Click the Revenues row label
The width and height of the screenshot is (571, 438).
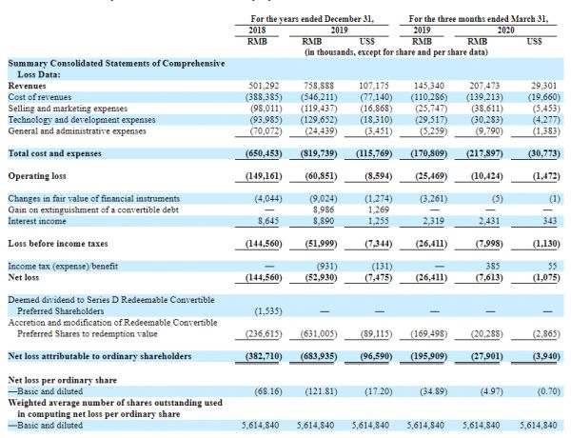pos(30,85)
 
